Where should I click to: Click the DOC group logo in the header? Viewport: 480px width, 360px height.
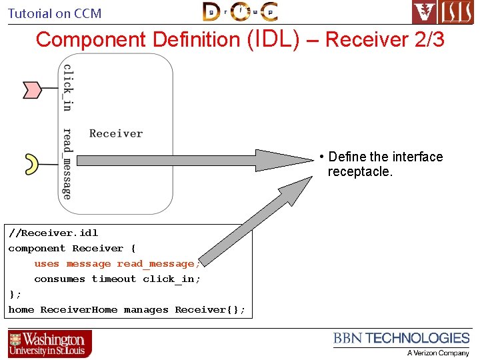coord(240,11)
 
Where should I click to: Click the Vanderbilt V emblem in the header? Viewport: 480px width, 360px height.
coord(424,12)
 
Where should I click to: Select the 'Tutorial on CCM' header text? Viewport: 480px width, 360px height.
coord(55,13)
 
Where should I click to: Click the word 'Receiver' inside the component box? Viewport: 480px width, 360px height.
coord(116,133)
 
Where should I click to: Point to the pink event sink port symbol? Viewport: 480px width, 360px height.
coord(32,89)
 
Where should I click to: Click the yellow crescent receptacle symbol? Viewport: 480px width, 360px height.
coord(31,162)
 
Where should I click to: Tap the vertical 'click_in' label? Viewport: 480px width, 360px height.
coord(67,87)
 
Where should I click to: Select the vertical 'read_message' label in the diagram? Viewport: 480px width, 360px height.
coord(67,164)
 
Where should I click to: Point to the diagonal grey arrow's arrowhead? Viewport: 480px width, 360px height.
coord(299,189)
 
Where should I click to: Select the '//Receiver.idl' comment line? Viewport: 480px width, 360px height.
coord(53,233)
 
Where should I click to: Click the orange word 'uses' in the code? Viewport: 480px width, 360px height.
coord(47,263)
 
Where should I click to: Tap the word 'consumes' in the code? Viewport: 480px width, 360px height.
coord(59,279)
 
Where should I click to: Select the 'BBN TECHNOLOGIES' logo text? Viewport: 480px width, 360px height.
coord(401,339)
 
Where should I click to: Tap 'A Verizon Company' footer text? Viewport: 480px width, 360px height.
coord(438,353)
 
